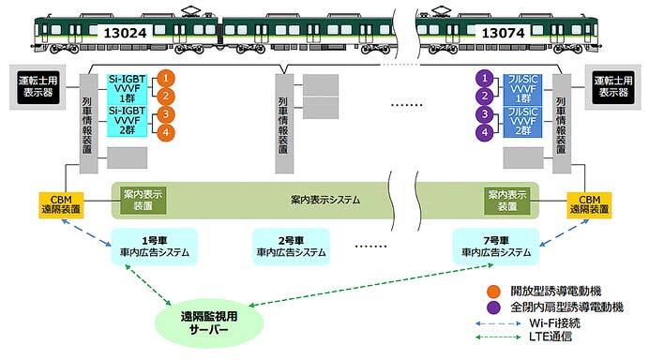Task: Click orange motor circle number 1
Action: pyautogui.click(x=164, y=78)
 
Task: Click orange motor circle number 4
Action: pyautogui.click(x=164, y=133)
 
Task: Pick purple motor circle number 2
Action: pyautogui.click(x=486, y=96)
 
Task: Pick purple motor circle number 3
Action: pyautogui.click(x=486, y=114)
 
